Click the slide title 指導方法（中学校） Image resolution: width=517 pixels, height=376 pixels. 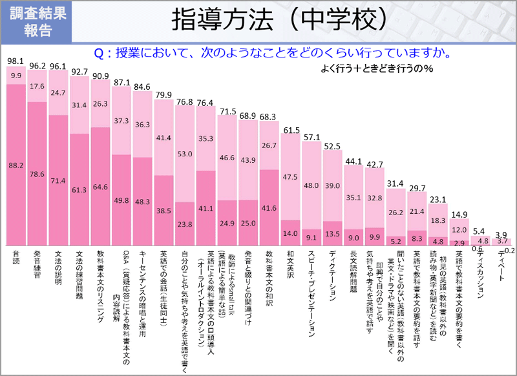tap(280, 20)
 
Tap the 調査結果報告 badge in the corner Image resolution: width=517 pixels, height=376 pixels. tap(37, 22)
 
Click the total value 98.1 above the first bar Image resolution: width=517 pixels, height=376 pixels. tap(16, 61)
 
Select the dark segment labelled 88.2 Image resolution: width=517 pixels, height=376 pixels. tap(16, 165)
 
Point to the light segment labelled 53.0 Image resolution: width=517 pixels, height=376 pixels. tap(185, 154)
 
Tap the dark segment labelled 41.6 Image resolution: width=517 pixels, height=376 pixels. tap(269, 209)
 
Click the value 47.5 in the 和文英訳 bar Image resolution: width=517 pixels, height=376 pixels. tap(290, 177)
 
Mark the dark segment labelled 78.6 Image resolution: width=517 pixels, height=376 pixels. tap(37, 173)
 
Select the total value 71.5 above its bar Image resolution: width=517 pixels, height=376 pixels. tap(227, 112)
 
